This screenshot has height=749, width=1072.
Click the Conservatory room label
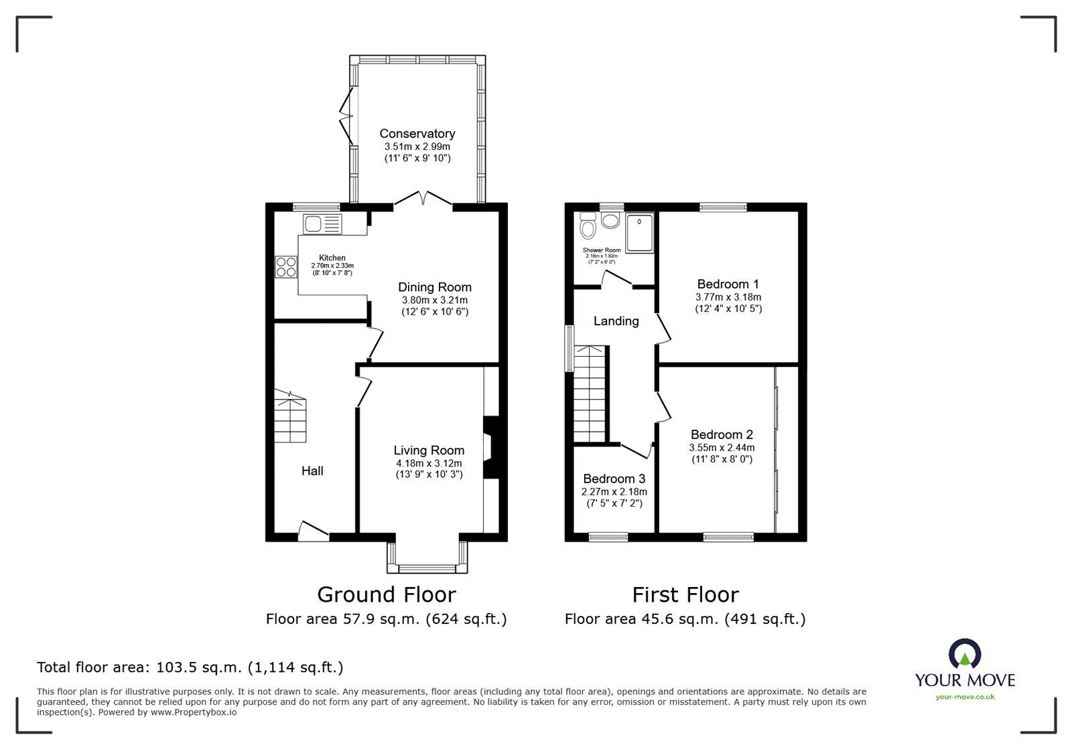pos(417,133)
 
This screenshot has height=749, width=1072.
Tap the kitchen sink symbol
pos(322,224)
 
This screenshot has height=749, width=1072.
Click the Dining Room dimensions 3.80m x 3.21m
pos(434,301)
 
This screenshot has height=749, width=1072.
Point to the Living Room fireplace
pos(490,447)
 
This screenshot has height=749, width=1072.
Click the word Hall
pos(312,471)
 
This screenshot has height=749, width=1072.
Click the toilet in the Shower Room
pos(588,226)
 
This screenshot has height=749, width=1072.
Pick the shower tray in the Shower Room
pos(640,233)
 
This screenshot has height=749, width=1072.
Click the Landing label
pos(616,321)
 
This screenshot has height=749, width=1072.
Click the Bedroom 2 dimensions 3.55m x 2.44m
pos(722,448)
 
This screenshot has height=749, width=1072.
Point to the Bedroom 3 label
pos(614,479)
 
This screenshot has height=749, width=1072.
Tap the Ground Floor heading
pos(386,594)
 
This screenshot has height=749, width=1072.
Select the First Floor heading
pos(685,594)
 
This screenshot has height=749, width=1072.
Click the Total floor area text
pos(190,667)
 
